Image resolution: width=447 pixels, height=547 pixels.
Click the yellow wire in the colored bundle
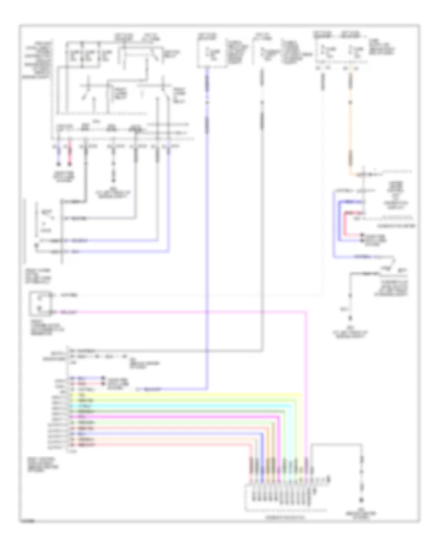pos(189,394)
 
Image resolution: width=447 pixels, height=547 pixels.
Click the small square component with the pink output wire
pos(38,304)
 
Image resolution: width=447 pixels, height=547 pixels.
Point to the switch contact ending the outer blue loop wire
pos(392,260)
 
